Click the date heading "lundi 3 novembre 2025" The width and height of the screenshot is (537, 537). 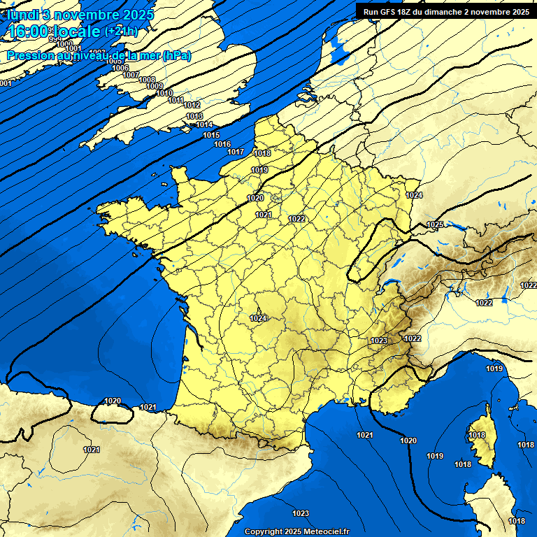coord(80,15)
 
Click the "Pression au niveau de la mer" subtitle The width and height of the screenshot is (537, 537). coord(99,56)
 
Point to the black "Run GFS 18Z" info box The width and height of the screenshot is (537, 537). coord(445,11)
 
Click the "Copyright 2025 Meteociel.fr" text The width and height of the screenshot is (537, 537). coord(296,531)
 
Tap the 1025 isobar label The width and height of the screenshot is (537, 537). coord(435,224)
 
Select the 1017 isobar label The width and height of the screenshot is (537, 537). coord(236,152)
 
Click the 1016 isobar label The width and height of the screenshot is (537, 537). coord(222,144)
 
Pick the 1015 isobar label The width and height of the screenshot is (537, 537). coord(211,135)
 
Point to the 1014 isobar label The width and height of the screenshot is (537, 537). coord(204,124)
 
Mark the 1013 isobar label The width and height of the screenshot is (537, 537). coord(194,116)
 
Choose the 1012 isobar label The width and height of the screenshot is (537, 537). coord(192,105)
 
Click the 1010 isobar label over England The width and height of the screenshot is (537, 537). coord(164,93)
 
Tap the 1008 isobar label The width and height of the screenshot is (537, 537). coord(147,80)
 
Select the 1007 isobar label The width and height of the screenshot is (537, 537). coord(131,75)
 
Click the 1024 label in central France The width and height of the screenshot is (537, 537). coord(259,318)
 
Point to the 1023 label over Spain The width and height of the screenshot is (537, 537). coord(301,513)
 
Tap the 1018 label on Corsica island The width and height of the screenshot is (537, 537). coord(477,435)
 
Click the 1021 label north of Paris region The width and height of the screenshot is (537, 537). coord(264,215)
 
